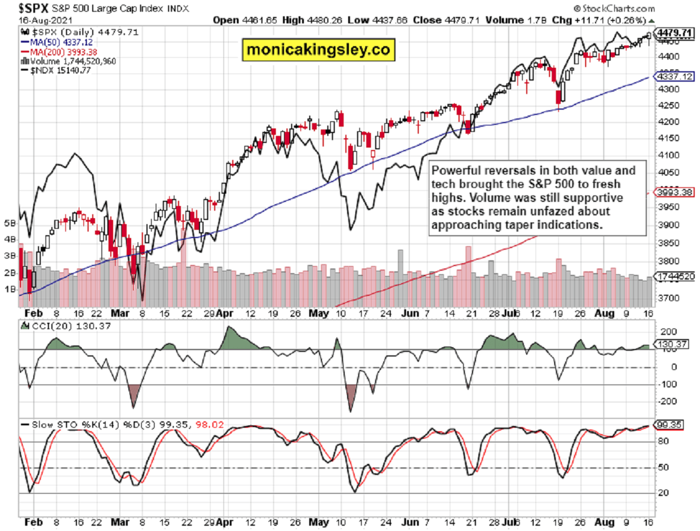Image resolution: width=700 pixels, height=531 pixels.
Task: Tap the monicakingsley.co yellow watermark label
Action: (x=318, y=50)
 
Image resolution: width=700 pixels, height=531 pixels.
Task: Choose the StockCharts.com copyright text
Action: (x=614, y=8)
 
